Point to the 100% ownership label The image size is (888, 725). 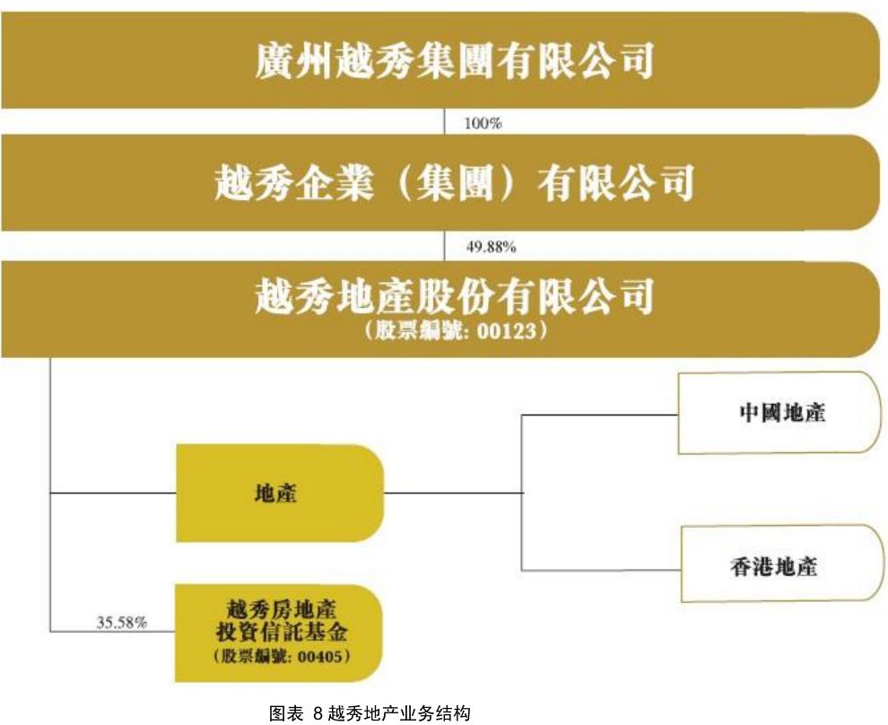pyautogui.click(x=482, y=124)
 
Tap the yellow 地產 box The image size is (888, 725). pyautogui.click(x=278, y=493)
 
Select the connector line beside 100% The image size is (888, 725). pyautogui.click(x=445, y=122)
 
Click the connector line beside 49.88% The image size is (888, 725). pyautogui.click(x=445, y=246)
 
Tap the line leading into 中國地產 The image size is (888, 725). pyautogui.click(x=601, y=415)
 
